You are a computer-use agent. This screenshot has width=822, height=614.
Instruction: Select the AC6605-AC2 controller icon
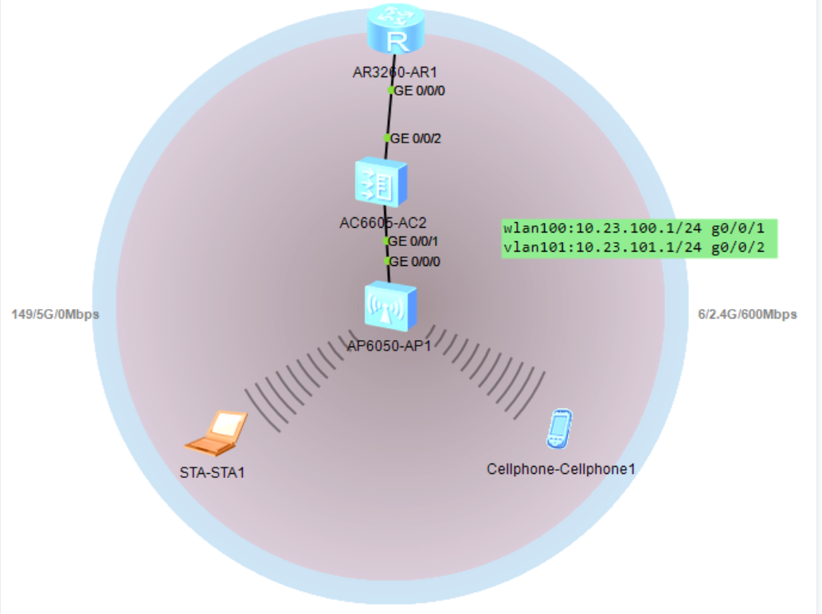382,183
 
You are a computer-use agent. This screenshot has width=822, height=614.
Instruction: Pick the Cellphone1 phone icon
559,428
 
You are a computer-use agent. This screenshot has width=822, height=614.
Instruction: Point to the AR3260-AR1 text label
395,72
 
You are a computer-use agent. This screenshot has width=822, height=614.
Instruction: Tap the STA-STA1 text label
212,473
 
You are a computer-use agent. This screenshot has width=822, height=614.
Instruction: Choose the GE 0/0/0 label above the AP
415,261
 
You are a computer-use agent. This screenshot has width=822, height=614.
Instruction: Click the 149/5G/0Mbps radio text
55,315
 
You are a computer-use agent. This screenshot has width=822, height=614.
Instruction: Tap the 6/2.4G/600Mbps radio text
747,315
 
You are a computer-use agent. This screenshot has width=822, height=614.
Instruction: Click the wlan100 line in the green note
639,229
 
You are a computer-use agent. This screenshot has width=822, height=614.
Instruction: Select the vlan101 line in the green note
639,248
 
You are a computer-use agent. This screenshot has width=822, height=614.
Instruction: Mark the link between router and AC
389,114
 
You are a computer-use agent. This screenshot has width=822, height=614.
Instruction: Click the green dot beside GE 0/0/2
387,138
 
